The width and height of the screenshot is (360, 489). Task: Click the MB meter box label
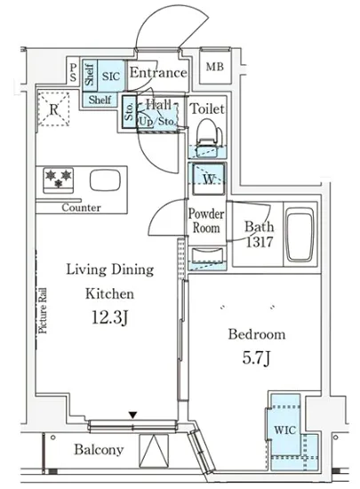[215, 67]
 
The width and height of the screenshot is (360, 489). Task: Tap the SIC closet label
[111, 76]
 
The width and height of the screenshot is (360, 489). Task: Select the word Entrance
[158, 73]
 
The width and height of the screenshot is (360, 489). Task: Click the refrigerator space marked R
[53, 109]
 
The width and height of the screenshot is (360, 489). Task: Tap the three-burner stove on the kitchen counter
[59, 180]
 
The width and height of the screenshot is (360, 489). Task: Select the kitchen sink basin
[105, 180]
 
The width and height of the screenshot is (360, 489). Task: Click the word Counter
[81, 207]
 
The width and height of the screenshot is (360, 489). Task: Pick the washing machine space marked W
[209, 179]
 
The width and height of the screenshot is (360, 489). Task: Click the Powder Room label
[206, 220]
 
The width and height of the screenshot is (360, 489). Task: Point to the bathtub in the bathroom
[300, 234]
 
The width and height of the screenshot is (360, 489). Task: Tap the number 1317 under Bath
[260, 242]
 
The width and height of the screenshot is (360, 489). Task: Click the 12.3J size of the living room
[110, 317]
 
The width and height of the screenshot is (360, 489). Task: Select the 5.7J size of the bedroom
[256, 357]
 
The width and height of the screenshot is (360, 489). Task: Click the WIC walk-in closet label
[284, 430]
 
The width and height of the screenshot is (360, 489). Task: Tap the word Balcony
[99, 450]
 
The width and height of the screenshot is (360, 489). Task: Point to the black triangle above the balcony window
[133, 415]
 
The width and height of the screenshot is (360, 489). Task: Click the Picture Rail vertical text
[43, 310]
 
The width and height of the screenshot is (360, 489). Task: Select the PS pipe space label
[73, 72]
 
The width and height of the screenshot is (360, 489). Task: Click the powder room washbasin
[208, 256]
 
